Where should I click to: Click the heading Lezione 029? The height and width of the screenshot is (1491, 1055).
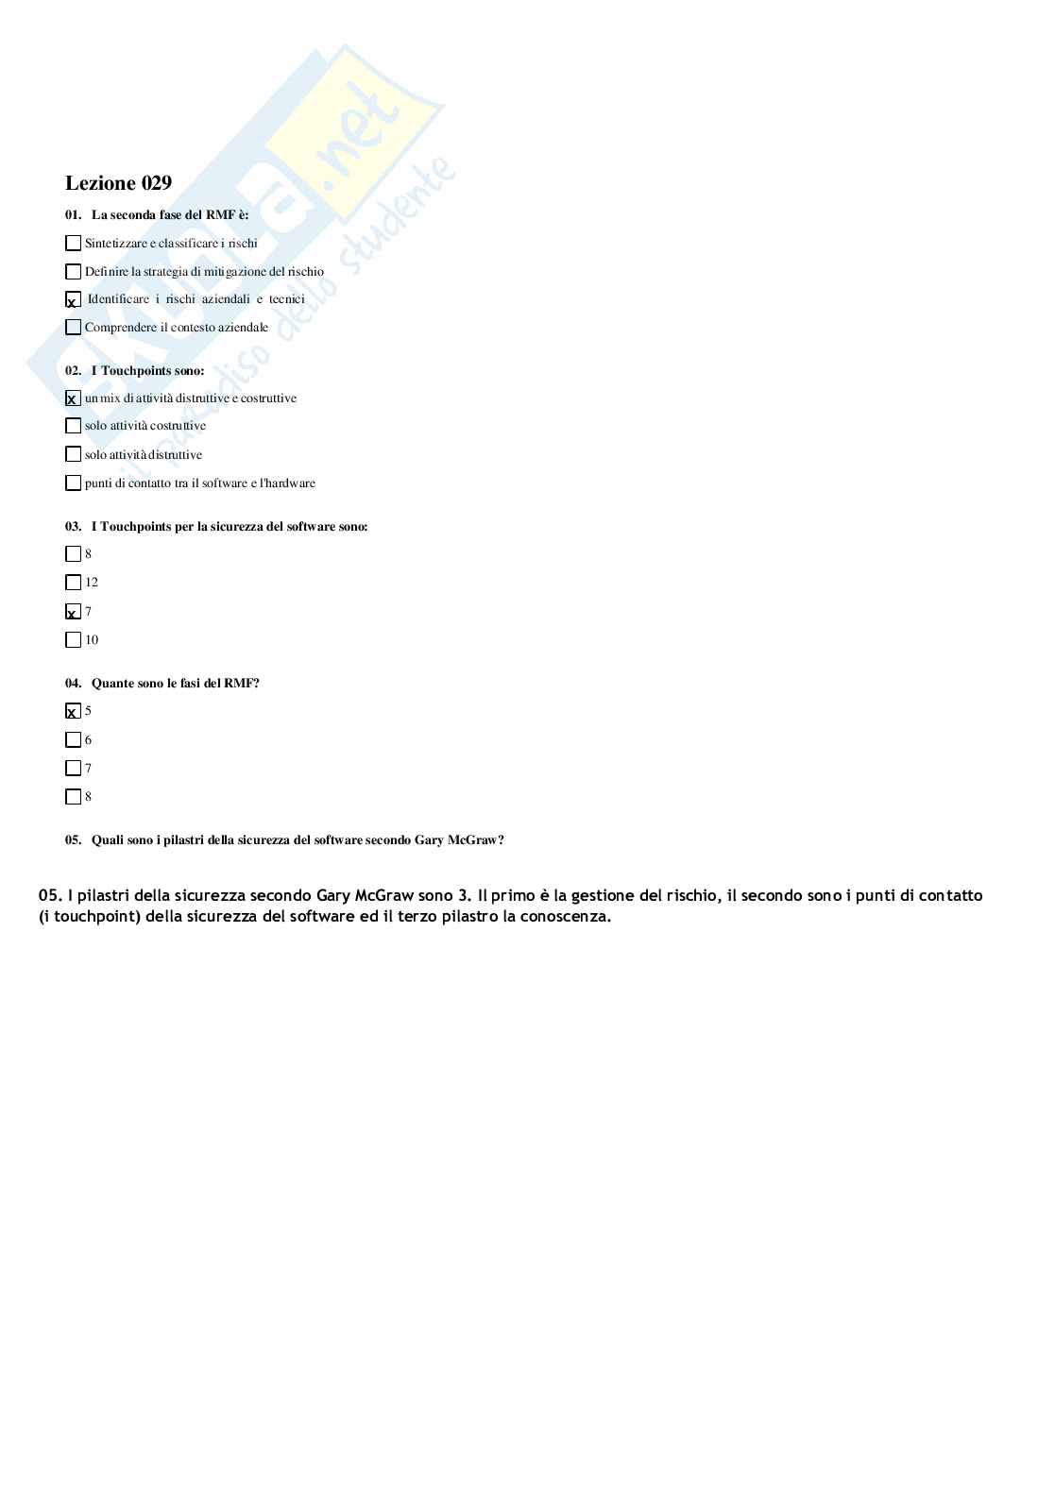click(118, 183)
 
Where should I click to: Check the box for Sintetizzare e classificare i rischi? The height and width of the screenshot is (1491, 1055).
click(73, 244)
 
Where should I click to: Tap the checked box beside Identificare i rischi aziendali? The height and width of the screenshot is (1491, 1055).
click(73, 300)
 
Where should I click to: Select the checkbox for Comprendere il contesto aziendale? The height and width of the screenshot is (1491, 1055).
click(73, 328)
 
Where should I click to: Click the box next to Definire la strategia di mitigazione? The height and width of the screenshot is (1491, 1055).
click(73, 272)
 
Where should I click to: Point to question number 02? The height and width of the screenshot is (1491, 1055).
click(73, 371)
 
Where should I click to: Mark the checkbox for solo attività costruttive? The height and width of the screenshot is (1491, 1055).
click(73, 426)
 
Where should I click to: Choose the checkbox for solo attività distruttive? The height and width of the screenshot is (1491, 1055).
click(73, 454)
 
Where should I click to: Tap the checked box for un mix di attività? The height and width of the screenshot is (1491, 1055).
click(73, 398)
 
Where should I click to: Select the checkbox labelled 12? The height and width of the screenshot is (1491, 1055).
click(73, 583)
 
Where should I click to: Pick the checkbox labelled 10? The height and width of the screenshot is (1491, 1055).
click(73, 640)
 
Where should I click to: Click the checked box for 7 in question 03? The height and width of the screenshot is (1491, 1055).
click(73, 612)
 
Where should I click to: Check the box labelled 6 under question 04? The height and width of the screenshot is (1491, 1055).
click(73, 740)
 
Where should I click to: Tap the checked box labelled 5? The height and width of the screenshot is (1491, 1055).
click(73, 711)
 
